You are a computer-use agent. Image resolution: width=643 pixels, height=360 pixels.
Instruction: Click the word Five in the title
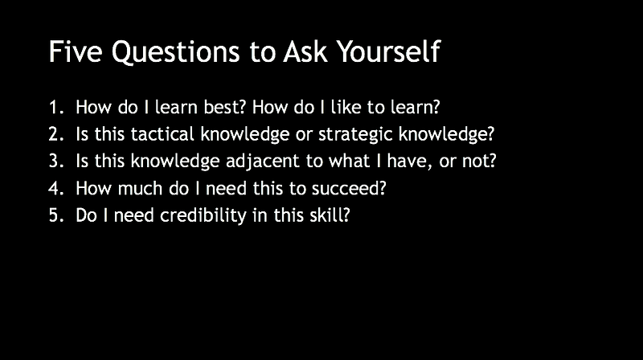(x=76, y=51)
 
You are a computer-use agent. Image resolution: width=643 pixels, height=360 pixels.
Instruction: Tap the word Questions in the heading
(x=175, y=52)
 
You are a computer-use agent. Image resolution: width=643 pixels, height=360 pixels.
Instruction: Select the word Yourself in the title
(x=388, y=51)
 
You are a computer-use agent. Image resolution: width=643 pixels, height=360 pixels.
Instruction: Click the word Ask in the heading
(x=305, y=51)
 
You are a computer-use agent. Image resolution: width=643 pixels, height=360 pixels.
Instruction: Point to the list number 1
(x=56, y=108)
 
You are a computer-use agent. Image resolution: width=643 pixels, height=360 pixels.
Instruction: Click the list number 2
(x=56, y=134)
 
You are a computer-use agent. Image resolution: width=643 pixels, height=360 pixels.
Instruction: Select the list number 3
(x=56, y=161)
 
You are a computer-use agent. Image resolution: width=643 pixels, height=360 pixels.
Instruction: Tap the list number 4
(x=56, y=189)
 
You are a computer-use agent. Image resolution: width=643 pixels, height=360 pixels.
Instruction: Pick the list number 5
(x=56, y=215)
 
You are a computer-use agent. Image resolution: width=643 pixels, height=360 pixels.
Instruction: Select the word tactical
(x=162, y=134)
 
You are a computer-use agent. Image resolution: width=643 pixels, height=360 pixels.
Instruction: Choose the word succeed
(x=349, y=189)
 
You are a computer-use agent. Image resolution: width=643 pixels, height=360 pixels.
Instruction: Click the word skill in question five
(x=330, y=215)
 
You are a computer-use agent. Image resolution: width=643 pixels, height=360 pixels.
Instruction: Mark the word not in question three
(x=479, y=162)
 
